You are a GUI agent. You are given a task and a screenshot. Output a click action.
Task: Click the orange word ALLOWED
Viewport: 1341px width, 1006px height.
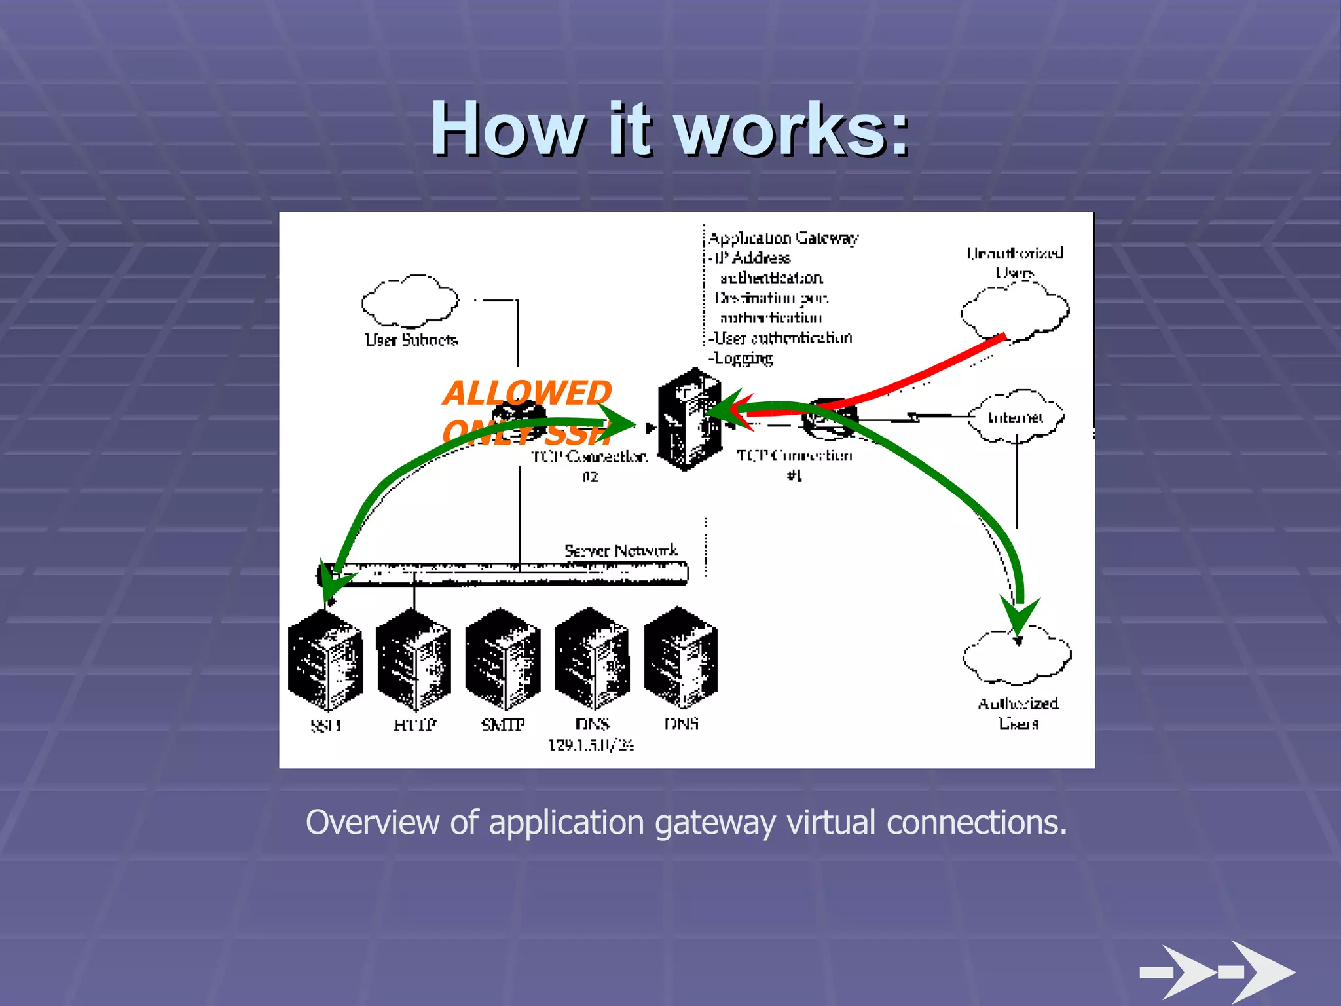pos(527,393)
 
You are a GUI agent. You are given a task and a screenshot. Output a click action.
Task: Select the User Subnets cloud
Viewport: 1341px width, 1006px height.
pos(410,302)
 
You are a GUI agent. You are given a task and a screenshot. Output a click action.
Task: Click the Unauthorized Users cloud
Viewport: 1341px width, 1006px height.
pos(1015,311)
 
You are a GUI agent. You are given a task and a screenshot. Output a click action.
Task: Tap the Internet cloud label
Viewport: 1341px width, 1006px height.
pos(1016,417)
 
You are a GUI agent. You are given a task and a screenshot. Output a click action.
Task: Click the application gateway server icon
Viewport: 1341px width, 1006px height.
pos(688,420)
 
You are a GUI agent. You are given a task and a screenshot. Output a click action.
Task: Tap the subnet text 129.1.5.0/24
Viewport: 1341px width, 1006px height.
pos(591,745)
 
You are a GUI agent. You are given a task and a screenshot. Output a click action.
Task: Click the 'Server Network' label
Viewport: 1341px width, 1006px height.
pos(621,551)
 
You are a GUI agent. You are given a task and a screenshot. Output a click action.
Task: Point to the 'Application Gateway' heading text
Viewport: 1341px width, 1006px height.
pos(783,238)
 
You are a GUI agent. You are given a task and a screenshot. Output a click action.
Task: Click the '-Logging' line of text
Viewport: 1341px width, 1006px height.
pos(741,358)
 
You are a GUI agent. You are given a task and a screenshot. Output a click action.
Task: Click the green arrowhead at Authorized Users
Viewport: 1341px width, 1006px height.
pos(1019,616)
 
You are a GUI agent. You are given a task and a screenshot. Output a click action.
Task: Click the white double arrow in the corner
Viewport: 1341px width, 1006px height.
pos(1218,972)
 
